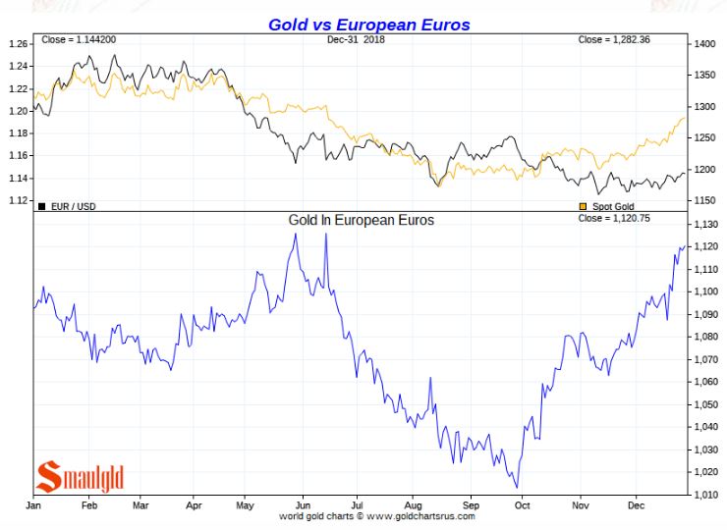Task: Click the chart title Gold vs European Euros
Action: point(368,24)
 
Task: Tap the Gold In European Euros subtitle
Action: point(361,220)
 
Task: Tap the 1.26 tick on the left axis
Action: point(18,44)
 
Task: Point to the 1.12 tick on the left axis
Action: point(18,200)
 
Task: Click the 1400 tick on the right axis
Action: point(704,44)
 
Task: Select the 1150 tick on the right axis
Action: point(704,200)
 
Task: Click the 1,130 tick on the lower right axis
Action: point(706,224)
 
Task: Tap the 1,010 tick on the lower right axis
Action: point(706,495)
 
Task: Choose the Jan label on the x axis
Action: point(33,504)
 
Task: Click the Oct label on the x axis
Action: point(522,504)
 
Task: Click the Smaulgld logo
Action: point(81,477)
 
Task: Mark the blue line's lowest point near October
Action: point(516,487)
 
